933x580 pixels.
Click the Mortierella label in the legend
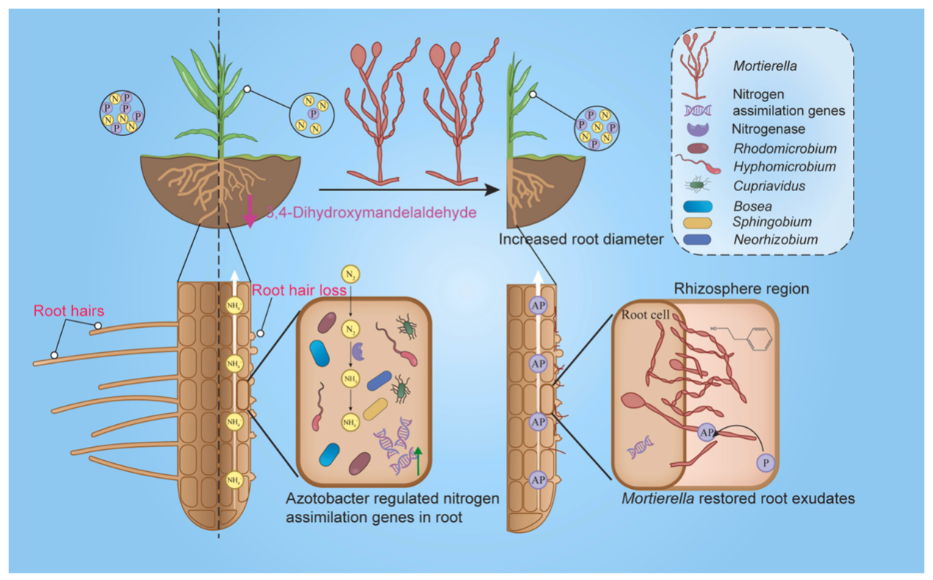(x=765, y=67)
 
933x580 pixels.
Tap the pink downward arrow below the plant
(x=250, y=212)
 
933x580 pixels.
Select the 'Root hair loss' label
(x=290, y=290)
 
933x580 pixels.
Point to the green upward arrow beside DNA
(x=419, y=460)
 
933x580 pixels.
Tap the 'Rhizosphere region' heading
(x=742, y=289)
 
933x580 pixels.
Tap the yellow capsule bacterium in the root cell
(x=375, y=409)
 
